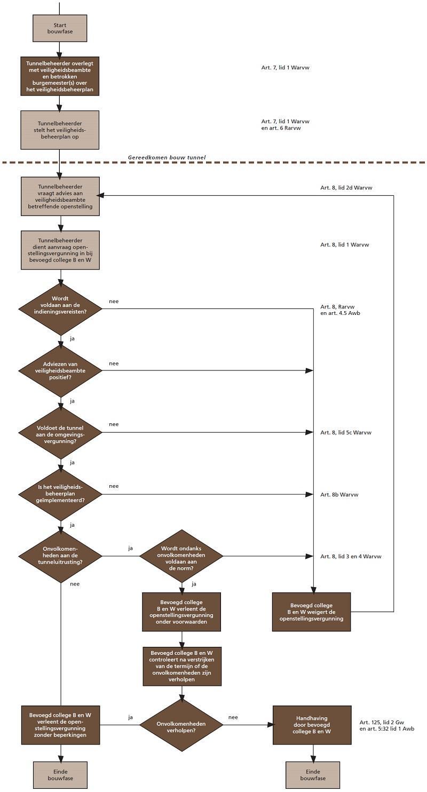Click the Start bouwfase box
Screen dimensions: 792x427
[60, 28]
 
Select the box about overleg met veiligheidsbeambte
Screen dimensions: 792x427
[60, 76]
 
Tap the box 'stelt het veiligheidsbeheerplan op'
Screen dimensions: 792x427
[60, 130]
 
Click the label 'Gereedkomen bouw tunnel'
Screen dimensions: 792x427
[167, 157]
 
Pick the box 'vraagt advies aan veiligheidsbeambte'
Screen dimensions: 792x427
[60, 196]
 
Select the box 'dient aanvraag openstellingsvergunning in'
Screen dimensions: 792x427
[60, 250]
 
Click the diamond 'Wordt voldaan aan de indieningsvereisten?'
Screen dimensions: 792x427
[60, 308]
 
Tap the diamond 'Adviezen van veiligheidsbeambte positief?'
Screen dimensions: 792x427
[60, 370]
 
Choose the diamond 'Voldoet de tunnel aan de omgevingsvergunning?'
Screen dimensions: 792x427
[60, 432]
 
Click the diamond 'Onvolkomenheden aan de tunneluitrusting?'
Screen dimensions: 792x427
[60, 556]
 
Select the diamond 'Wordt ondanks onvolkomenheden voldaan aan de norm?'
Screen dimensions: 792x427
[181, 556]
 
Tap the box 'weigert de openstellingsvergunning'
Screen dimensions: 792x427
[311, 612]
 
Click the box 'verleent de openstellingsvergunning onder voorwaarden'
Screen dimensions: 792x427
[181, 612]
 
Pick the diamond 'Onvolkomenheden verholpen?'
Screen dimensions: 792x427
[181, 724]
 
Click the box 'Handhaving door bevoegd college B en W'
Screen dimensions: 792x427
[312, 725]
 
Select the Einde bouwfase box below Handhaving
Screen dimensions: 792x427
[312, 775]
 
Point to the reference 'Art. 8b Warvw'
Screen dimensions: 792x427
[339, 495]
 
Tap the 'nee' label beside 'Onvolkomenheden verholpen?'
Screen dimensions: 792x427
[233, 717]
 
